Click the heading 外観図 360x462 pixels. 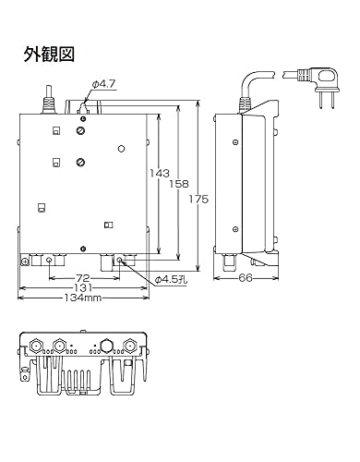pos(49,55)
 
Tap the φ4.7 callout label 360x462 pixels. pos(104,84)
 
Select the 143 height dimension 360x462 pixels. pos(160,173)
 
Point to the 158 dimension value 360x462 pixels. pos(179,184)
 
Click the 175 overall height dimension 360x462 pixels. pos(198,200)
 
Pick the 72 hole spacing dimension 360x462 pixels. pos(83,278)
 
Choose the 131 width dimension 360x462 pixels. pos(83,288)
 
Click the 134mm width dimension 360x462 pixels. pos(83,298)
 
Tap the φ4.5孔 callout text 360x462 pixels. pos(170,280)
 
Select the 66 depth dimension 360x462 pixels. pos(246,278)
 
